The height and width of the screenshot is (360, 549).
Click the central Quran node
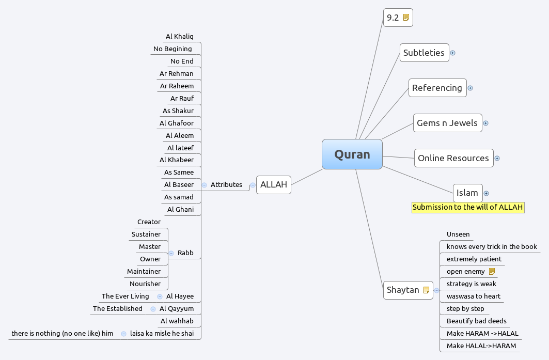[x=352, y=154]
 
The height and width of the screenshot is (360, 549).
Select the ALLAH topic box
[x=273, y=184]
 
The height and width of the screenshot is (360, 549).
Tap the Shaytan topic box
[x=403, y=290]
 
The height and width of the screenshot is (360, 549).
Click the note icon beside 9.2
[x=406, y=18]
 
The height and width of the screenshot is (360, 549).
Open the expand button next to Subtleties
[x=452, y=53]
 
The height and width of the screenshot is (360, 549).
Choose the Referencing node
[x=437, y=88]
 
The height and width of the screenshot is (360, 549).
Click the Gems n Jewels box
[x=447, y=123]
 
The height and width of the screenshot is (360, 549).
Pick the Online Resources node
[x=453, y=158]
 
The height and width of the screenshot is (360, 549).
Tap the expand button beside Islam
[x=486, y=193]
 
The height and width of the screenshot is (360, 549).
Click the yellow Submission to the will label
[x=468, y=207]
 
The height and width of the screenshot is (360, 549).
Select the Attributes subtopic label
[x=226, y=184]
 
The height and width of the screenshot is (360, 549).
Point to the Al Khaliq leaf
[x=179, y=36]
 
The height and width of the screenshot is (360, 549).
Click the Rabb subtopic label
[x=185, y=253]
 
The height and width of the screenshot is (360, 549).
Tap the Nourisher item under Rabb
[x=145, y=284]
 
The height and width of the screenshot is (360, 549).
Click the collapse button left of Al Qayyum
[x=153, y=309]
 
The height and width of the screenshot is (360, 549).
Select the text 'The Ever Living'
[x=125, y=296]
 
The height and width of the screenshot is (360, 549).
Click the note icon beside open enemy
[x=492, y=271]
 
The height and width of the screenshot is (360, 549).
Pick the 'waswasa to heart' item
[x=473, y=296]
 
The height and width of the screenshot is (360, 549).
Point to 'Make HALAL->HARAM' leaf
[x=481, y=346]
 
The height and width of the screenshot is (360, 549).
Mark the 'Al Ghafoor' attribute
[x=177, y=123]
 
